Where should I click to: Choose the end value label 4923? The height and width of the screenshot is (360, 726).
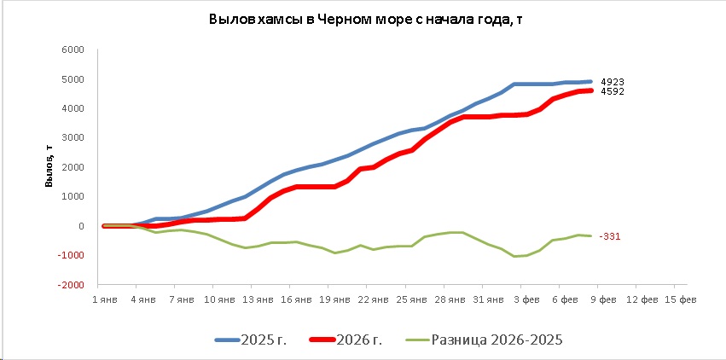(x=613, y=82)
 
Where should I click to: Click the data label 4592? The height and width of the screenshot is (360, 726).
(x=613, y=91)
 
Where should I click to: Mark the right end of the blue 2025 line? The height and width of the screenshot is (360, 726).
(x=590, y=82)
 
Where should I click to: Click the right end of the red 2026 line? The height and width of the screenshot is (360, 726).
(x=590, y=90)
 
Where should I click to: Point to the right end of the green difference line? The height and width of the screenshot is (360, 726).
(x=590, y=236)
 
